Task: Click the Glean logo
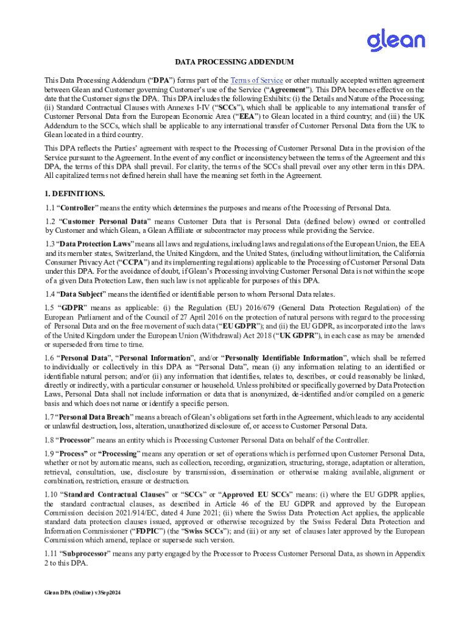pyautogui.click(x=395, y=40)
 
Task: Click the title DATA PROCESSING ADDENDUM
pyautogui.click(x=234, y=62)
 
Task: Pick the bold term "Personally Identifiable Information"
pyautogui.click(x=285, y=358)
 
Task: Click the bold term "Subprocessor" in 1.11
pyautogui.click(x=86, y=553)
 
